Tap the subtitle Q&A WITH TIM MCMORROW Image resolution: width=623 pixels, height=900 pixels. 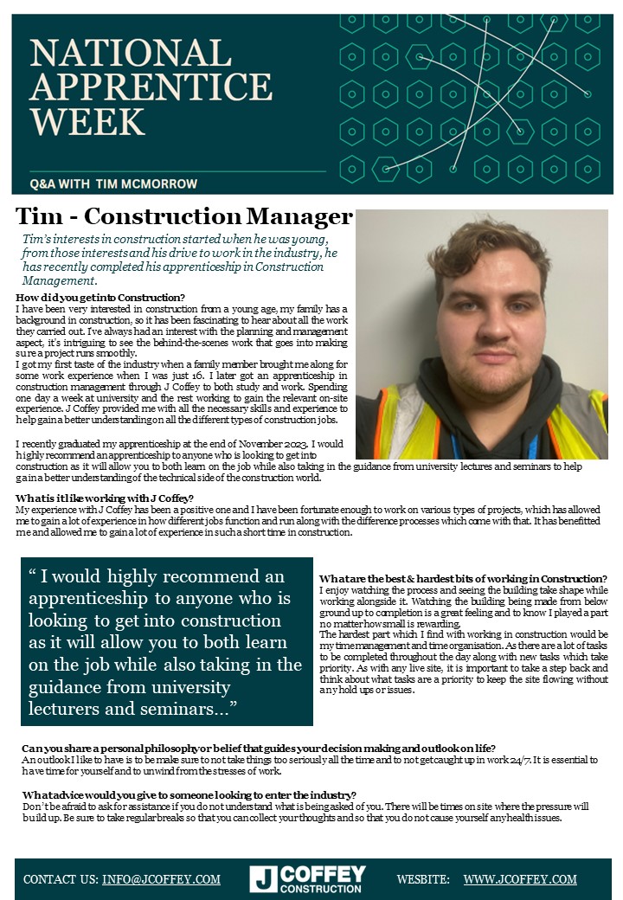point(113,183)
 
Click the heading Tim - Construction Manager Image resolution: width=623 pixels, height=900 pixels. point(184,215)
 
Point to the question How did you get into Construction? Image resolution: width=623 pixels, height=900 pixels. point(100,299)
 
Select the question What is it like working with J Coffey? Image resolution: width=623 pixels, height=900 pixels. point(105,498)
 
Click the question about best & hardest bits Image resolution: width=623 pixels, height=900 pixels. point(462,579)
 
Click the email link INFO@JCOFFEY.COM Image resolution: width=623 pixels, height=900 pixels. point(161,879)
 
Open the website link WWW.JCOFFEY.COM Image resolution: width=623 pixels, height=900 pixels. point(519,879)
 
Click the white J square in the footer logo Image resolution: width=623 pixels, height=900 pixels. point(263,878)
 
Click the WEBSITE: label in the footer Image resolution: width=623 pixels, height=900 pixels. point(423,879)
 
